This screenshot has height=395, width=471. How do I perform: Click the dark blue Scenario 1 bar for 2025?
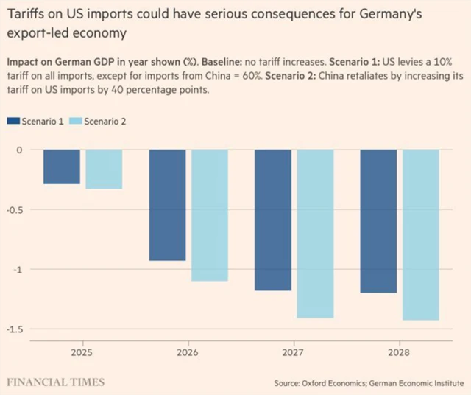click(61, 167)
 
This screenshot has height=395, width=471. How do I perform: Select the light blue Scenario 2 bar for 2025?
click(104, 169)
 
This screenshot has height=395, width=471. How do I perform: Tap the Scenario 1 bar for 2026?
click(168, 205)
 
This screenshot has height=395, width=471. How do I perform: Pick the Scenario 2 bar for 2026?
click(210, 215)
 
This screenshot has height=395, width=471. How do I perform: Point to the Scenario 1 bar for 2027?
click(273, 220)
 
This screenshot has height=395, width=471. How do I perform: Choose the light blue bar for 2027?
click(315, 233)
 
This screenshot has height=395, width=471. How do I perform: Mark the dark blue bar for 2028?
click(378, 221)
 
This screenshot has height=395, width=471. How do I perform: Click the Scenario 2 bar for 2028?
click(420, 234)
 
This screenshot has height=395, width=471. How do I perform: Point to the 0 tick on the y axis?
click(20, 150)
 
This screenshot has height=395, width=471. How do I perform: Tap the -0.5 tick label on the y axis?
click(15, 209)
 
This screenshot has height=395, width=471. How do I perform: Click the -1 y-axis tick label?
click(18, 269)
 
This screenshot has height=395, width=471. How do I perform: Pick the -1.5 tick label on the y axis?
click(15, 329)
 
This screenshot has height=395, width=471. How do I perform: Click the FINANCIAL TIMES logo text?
click(56, 382)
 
